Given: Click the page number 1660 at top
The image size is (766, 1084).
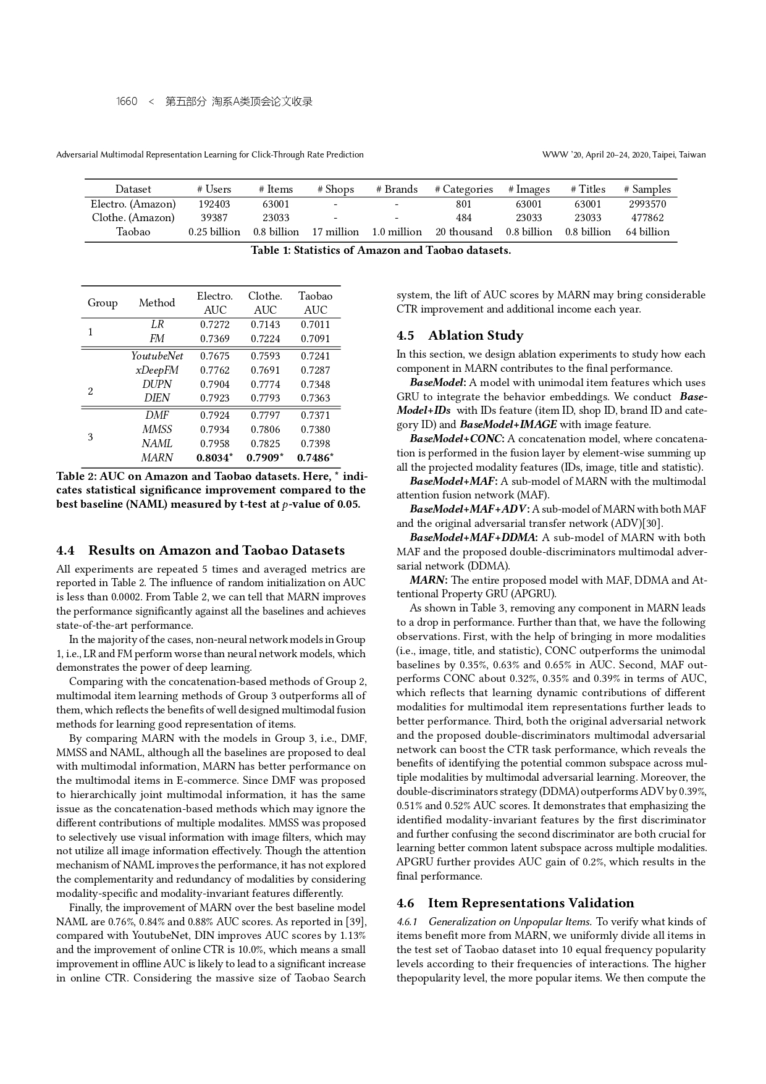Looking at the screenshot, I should (127, 102).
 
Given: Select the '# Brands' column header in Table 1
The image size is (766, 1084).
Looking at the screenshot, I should (397, 189).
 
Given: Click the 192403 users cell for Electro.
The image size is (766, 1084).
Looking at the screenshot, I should (214, 204).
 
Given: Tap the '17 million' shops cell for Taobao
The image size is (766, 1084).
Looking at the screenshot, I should (335, 232).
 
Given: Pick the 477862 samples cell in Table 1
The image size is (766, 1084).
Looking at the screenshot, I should (647, 218).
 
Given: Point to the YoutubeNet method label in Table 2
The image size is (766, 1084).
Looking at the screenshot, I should (157, 356).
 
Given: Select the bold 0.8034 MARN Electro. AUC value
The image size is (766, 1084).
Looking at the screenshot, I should (214, 458).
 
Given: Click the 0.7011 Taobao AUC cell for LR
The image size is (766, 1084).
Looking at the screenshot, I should (315, 324).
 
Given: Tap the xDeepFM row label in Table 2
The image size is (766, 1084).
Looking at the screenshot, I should (157, 370).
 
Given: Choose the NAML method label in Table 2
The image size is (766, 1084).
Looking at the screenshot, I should (157, 443).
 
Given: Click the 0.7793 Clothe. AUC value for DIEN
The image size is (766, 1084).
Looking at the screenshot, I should (265, 398).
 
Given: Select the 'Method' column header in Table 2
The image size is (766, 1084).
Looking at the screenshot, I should (157, 303).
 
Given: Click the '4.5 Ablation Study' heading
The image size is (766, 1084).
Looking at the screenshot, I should (460, 335).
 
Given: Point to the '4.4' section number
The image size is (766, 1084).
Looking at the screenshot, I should (65, 550).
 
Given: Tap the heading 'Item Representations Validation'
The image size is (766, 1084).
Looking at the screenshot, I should (531, 903).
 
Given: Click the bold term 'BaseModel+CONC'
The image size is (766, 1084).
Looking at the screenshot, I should (457, 439).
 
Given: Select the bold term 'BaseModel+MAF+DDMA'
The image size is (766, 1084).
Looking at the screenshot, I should (473, 537).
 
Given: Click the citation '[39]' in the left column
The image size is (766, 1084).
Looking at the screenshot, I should (357, 922).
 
